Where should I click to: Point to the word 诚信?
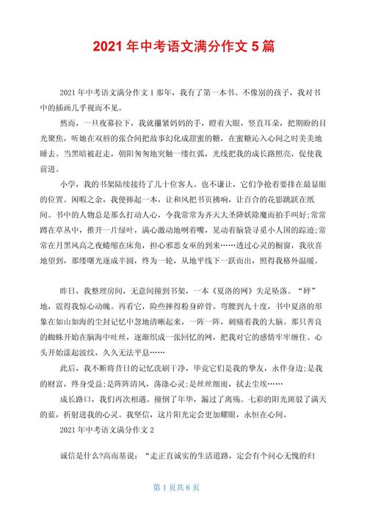pyautogui.click(x=68, y=456)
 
